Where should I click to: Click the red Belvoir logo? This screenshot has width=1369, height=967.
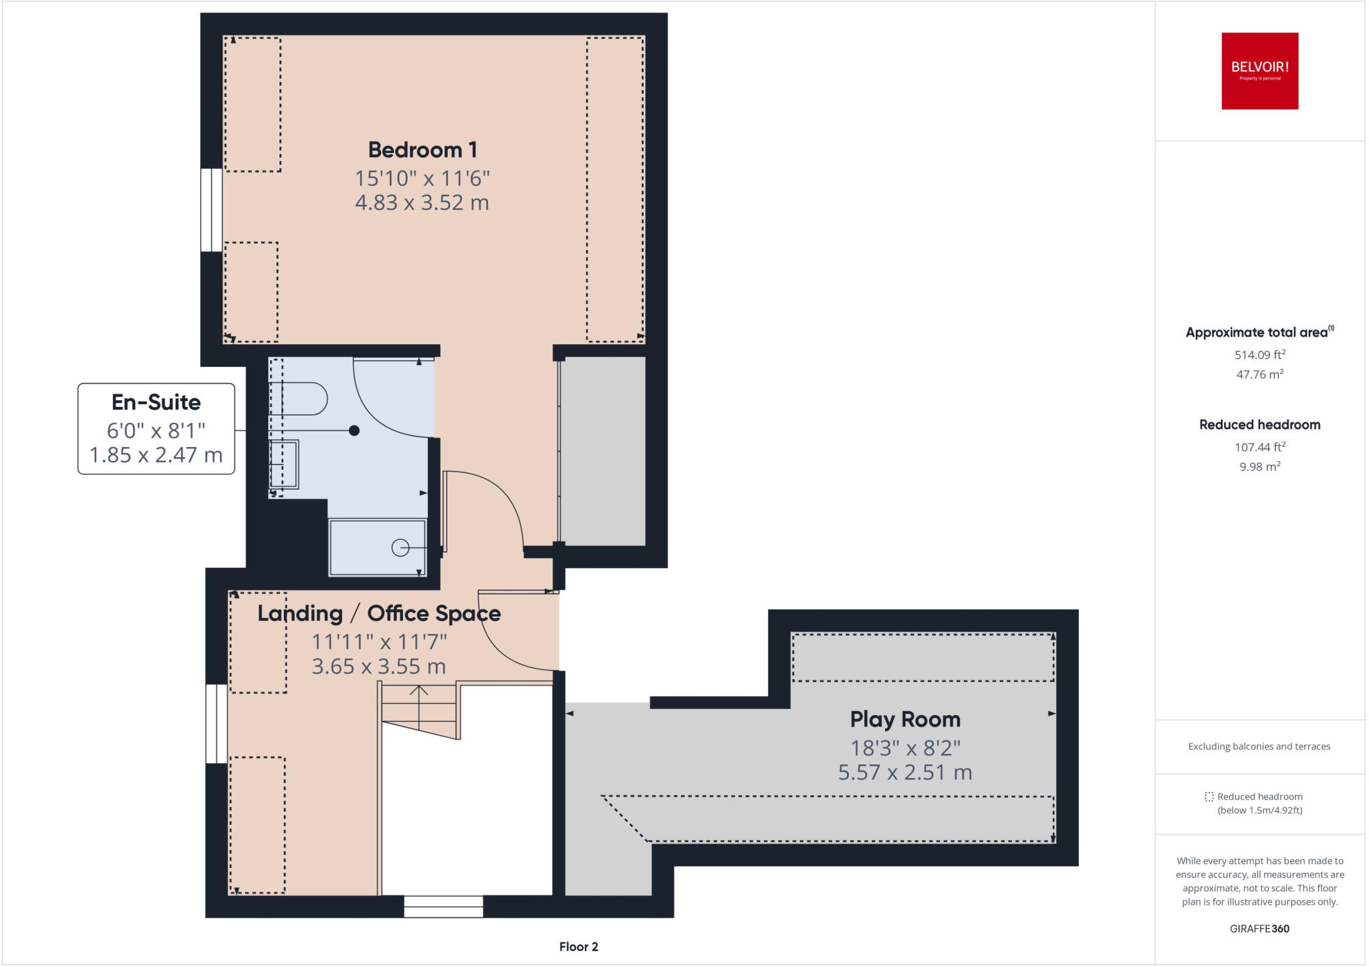[x=1259, y=71]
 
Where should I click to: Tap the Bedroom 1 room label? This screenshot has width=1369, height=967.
[x=422, y=150]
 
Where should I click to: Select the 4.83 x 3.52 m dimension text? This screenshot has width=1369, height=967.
[x=422, y=202]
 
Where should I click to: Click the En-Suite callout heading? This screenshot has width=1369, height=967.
[x=156, y=402]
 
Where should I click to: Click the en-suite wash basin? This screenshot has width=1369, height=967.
[x=284, y=464]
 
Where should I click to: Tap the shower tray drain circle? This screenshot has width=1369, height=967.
[x=400, y=548]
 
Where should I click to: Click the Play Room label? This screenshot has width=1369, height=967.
[x=904, y=719]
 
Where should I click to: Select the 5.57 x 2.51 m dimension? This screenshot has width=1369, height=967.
[x=904, y=773]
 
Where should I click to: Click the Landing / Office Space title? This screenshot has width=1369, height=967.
[x=379, y=613]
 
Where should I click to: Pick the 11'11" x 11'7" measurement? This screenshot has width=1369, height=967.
[x=379, y=642]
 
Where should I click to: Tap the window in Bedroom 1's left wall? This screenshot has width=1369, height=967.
[x=211, y=210]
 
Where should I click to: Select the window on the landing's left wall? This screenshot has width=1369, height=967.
[x=216, y=723]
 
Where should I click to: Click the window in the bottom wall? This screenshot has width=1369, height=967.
[x=443, y=907]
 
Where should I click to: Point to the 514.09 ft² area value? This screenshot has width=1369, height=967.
[x=1259, y=355]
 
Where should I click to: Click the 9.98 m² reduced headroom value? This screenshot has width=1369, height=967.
[x=1259, y=466]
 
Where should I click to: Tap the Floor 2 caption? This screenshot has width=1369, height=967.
[x=578, y=946]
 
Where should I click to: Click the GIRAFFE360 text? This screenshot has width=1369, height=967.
[x=1259, y=928]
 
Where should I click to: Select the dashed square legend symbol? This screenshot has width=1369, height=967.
[x=1209, y=797]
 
